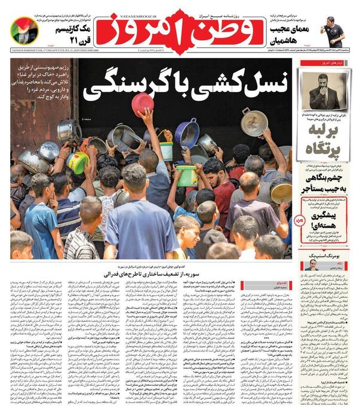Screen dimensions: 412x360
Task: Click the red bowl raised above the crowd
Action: point(142,104)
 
